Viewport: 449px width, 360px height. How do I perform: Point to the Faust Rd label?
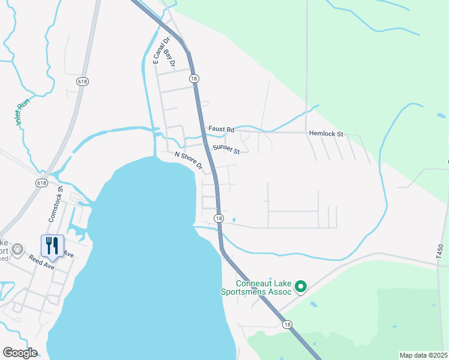[221, 129]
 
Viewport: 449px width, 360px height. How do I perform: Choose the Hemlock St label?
[325, 134]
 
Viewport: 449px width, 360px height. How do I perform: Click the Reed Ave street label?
[41, 262]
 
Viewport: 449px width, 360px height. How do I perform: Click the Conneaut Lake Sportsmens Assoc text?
[263, 287]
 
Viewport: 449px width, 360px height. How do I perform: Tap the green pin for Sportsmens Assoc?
[302, 288]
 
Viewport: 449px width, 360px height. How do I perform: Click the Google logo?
[20, 353]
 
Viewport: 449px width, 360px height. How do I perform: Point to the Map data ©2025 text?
[423, 355]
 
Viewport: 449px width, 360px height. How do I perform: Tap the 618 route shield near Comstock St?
[41, 183]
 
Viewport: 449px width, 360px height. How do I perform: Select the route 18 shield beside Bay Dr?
[193, 79]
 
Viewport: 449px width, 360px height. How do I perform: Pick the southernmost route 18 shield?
[288, 325]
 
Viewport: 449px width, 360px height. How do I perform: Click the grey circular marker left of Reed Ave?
[17, 248]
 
